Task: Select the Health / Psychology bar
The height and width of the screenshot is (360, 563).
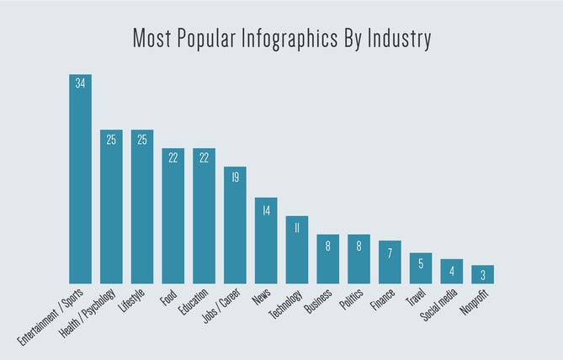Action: point(111,206)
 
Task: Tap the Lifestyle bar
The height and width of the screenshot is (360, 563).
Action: point(142,206)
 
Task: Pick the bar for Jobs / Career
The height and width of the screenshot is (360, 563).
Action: point(235,225)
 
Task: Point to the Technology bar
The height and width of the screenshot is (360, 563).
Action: point(297,250)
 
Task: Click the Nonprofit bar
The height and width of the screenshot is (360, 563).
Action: point(482,274)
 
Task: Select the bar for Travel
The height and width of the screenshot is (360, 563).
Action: point(421,268)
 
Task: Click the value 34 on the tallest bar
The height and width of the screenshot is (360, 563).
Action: point(81,83)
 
